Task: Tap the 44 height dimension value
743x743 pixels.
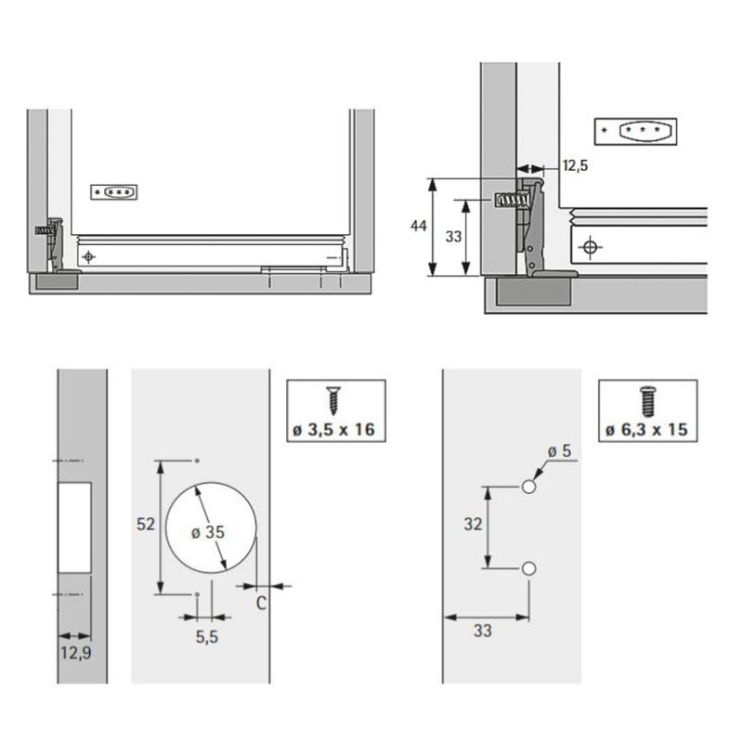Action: point(419,227)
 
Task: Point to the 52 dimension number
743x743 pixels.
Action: point(145,524)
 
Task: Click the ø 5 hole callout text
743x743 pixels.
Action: point(559,451)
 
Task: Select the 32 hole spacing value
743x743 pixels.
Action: point(473,525)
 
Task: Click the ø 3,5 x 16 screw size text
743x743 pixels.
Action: point(335,430)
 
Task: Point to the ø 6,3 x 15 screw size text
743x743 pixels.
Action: point(646,430)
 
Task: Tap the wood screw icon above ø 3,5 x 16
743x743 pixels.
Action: point(332,400)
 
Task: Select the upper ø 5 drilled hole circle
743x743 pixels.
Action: point(529,487)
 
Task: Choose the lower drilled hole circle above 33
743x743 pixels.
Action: point(529,567)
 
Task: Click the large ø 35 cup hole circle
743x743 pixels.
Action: point(208,528)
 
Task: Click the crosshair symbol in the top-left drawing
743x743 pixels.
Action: point(88,256)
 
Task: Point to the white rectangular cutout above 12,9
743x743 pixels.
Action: point(75,527)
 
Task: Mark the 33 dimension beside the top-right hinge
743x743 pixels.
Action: point(453,237)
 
